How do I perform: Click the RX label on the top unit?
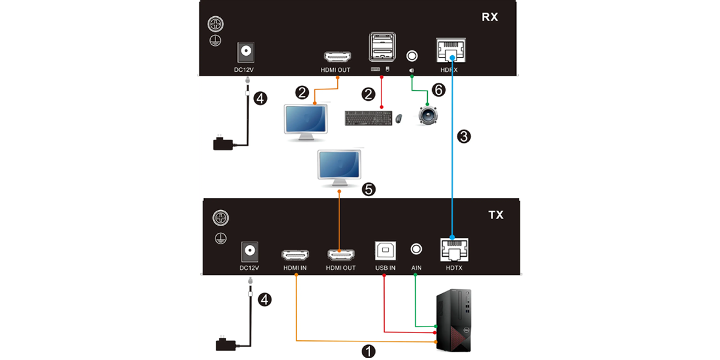point(490,17)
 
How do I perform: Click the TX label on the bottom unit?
point(495,215)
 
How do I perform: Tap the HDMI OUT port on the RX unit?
point(337,58)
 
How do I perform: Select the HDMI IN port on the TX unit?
point(295,254)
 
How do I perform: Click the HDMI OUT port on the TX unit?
point(340,254)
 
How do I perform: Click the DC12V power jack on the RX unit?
point(245,52)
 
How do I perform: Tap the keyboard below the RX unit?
point(369,118)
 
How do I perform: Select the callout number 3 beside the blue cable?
point(464,136)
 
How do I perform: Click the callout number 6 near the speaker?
point(439,90)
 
